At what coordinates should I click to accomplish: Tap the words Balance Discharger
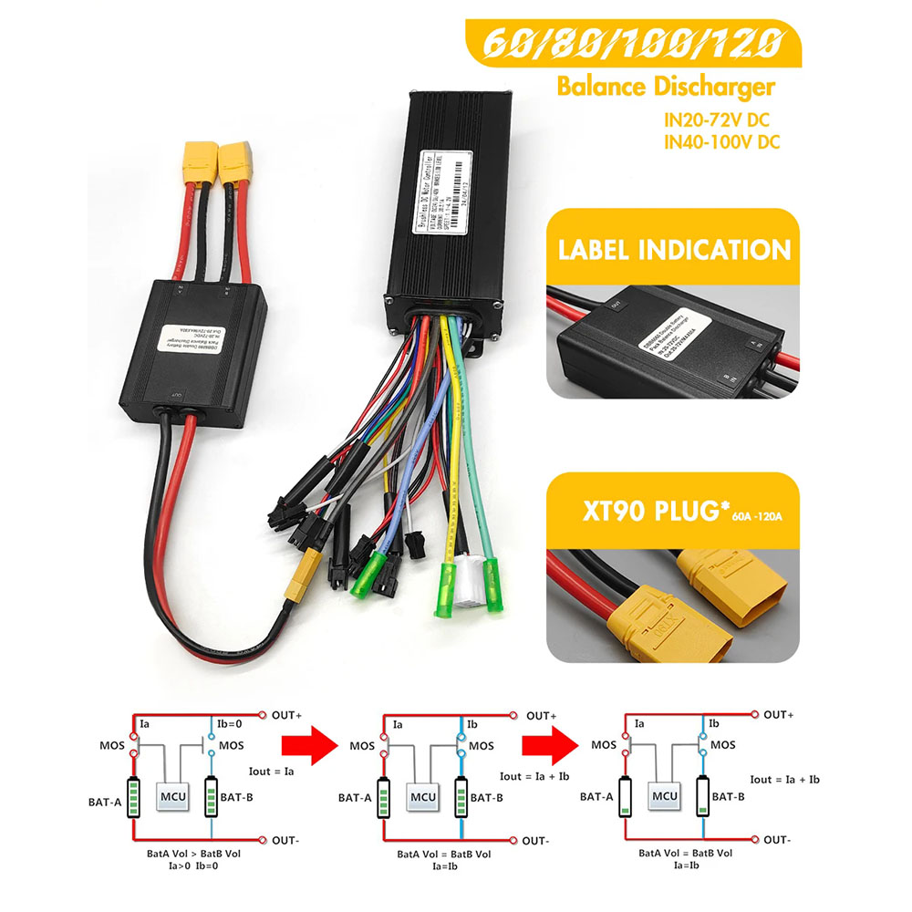665,88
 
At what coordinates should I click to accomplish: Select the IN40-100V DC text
721,141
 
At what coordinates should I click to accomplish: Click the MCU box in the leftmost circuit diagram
172,797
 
